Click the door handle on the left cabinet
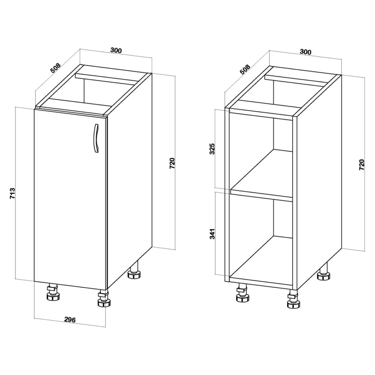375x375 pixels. [x=96, y=138]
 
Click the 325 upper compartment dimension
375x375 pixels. [x=212, y=149]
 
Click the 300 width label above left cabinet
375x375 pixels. [x=116, y=50]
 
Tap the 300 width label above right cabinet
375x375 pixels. [x=305, y=52]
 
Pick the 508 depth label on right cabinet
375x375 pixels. [x=245, y=70]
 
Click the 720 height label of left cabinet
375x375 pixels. [x=173, y=163]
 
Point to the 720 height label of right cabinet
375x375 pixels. [x=362, y=165]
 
